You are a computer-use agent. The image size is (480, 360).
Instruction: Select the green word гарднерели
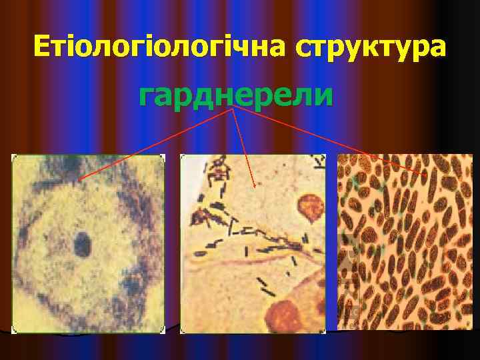coord(235,96)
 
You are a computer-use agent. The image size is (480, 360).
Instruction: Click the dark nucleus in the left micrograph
coord(83,244)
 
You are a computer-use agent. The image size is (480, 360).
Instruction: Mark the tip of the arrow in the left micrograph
coord(79,180)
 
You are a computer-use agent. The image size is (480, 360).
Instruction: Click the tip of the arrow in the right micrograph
coord(427,175)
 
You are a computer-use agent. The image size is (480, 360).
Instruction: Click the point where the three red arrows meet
coord(233,110)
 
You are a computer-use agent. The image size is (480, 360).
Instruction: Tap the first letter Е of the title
coord(41,47)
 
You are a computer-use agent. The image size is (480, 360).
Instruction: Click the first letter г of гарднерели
coord(146,97)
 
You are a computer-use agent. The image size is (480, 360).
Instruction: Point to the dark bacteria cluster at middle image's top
coord(217,170)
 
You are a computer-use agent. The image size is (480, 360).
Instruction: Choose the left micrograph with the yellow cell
coord(88,243)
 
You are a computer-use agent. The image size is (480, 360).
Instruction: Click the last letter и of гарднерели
coord(323,97)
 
